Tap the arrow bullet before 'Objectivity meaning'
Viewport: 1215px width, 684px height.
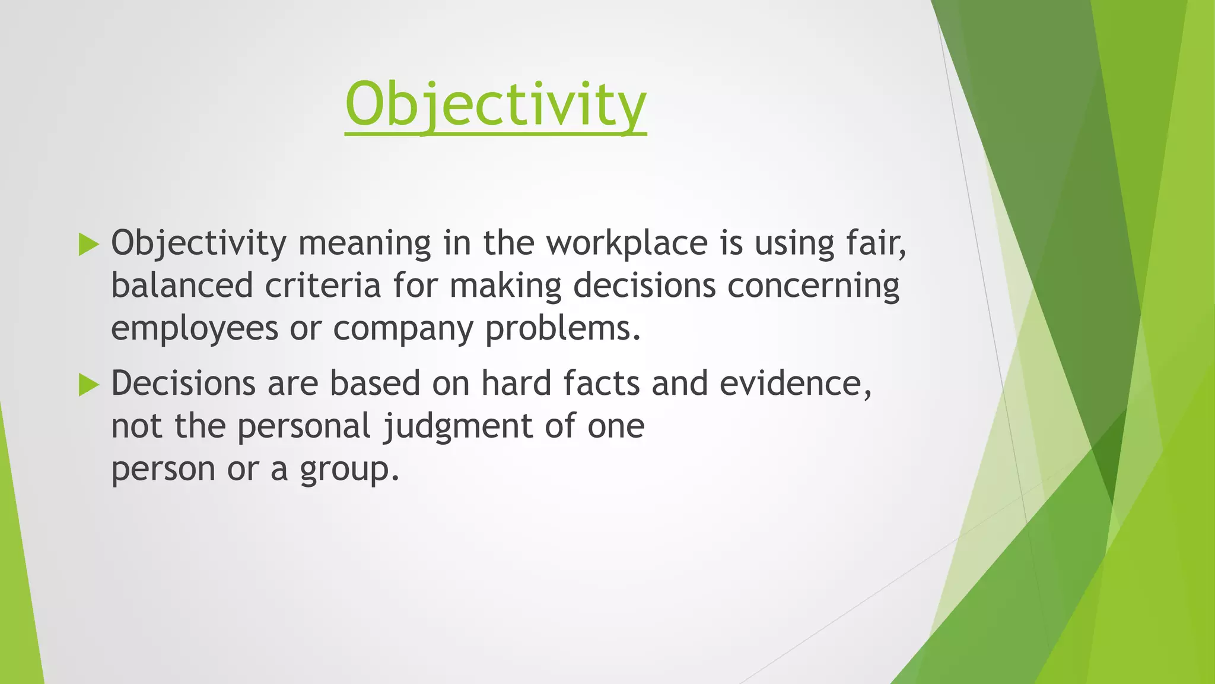88,245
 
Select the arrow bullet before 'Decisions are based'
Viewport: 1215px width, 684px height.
88,385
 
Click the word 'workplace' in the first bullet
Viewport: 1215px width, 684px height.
627,243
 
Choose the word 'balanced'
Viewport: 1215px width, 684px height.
182,286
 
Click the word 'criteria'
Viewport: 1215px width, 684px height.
323,286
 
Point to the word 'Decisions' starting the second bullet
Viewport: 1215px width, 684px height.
183,384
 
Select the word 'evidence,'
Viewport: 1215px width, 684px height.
796,384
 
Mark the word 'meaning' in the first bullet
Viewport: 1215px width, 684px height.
364,243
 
